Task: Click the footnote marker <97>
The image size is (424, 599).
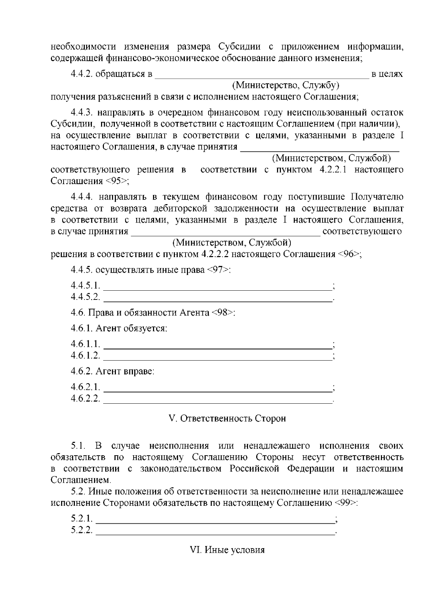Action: pyautogui.click(x=218, y=270)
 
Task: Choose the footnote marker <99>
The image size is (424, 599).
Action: pyautogui.click(x=345, y=503)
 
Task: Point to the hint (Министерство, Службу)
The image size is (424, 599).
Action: pyautogui.click(x=285, y=85)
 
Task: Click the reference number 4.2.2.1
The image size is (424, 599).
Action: pyautogui.click(x=333, y=170)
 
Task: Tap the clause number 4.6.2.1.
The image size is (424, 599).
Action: pyautogui.click(x=85, y=387)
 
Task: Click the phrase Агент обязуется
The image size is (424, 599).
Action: pyautogui.click(x=131, y=328)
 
